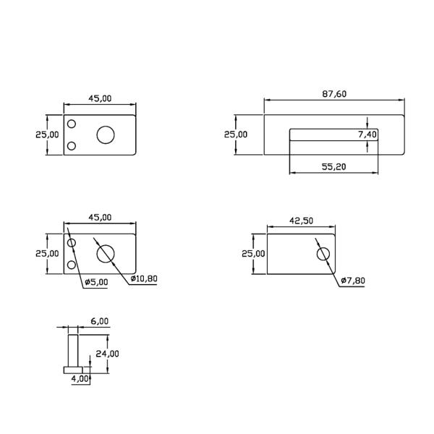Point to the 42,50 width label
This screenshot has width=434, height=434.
tap(301, 221)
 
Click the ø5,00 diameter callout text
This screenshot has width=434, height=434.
tap(95, 282)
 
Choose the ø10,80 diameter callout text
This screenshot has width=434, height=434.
tap(145, 279)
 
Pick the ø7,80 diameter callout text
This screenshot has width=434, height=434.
tap(352, 281)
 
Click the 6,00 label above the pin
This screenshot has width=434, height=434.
tap(99, 320)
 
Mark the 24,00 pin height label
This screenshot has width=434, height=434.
tap(109, 354)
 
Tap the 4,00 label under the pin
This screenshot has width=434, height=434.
tap(80, 378)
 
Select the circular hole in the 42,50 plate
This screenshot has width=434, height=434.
tap(323, 254)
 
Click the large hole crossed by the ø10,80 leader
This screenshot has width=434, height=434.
tap(106, 253)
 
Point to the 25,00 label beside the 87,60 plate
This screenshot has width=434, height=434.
tap(235, 134)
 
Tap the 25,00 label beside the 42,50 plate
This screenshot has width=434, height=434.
tap(253, 253)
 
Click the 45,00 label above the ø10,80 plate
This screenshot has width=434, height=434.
tap(100, 217)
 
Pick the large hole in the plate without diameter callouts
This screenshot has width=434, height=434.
tap(106, 135)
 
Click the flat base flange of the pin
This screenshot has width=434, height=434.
tap(75, 370)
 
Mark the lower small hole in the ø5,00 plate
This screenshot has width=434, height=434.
tap(72, 265)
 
